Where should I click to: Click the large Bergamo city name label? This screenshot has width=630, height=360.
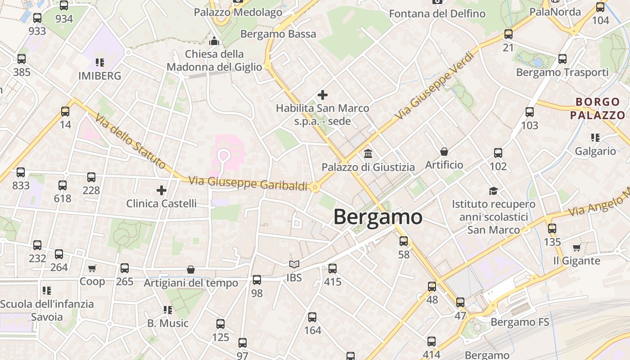378,217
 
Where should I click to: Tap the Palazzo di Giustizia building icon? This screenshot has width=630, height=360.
368,154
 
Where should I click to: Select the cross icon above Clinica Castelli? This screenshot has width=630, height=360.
162,190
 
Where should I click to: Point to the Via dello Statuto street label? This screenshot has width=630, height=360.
130,141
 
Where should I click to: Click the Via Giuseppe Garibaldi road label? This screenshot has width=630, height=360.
248,183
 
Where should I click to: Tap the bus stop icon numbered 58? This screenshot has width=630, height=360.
404,241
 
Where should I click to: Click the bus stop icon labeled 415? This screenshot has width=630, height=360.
333,269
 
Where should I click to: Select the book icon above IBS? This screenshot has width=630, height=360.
294,265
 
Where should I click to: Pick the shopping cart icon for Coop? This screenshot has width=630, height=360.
92,269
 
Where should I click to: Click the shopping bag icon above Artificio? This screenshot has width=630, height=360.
444,152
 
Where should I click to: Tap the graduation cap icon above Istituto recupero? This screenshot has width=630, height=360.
494,191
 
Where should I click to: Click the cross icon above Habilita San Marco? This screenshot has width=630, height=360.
322,95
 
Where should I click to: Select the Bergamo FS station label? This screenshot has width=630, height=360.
520,322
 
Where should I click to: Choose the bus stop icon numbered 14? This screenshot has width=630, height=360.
65,111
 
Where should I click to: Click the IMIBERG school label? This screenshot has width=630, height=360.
99,76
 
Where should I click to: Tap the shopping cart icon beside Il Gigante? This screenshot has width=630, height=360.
576,247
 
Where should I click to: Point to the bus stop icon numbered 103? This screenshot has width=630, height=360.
530,112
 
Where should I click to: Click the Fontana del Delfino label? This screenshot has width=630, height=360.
437,14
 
